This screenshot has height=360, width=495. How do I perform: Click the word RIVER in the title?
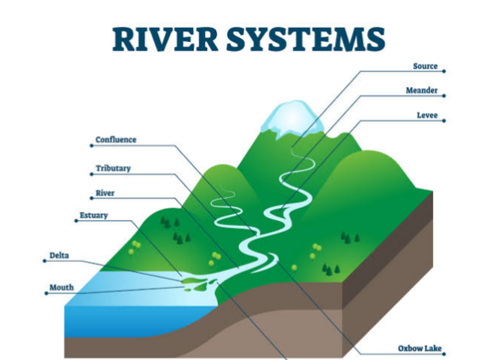point(165,39)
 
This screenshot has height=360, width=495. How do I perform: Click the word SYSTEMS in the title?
point(306,39)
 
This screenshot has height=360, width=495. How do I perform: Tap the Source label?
point(425,66)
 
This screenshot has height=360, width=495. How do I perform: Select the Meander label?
point(422,91)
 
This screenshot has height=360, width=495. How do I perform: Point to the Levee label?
point(427,115)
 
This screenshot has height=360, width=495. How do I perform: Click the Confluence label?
point(116,140)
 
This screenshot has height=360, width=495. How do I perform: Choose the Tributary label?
point(114,168)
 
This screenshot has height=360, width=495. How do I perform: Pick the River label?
point(105,193)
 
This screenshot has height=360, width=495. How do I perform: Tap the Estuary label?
point(93,216)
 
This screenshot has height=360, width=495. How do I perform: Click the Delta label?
point(59,255)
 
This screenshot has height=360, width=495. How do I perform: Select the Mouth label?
point(61,287)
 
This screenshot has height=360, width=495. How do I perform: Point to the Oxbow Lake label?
point(419,348)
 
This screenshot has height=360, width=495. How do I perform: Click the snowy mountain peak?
point(293,119)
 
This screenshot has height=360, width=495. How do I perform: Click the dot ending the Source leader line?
point(444,71)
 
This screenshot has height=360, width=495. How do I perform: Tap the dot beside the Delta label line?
point(45,261)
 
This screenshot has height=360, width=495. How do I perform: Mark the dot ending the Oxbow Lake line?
point(444,354)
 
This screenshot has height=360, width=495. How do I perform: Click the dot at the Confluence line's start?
point(91,146)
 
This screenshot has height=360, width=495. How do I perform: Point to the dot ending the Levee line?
point(444,120)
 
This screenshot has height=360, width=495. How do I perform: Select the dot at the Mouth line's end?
point(46,293)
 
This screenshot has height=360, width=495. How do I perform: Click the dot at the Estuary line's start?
point(76,221)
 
